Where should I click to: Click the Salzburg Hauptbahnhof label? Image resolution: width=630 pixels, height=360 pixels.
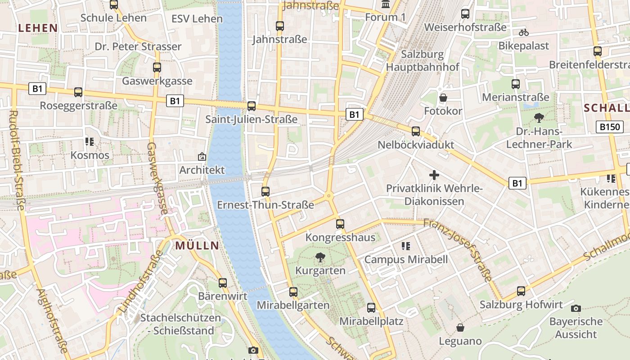click(x=423, y=61)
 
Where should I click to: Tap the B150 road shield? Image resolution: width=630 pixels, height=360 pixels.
click(x=610, y=127)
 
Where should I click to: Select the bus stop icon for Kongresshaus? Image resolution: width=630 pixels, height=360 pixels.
click(x=340, y=224)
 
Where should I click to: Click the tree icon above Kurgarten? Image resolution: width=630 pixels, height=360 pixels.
click(x=320, y=258)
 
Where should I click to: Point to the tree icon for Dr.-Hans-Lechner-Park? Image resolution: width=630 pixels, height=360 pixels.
click(x=539, y=118)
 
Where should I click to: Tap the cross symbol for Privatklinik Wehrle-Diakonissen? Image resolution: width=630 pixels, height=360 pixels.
click(x=434, y=175)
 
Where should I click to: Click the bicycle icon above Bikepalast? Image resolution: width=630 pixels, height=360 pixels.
click(x=523, y=32)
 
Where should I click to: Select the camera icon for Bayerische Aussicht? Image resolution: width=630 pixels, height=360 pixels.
click(x=576, y=308)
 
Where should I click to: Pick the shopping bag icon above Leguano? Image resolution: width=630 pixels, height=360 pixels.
click(x=460, y=328)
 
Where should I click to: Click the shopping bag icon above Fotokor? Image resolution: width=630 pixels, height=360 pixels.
click(x=443, y=98)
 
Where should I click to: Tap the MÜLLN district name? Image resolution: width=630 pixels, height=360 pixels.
click(x=197, y=246)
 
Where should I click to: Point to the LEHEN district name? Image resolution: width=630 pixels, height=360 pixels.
click(x=38, y=28)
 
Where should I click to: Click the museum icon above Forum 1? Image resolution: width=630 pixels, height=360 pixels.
click(x=386, y=4)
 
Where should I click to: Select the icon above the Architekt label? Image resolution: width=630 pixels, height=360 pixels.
click(x=202, y=157)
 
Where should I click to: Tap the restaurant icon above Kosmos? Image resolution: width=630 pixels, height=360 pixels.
click(x=90, y=142)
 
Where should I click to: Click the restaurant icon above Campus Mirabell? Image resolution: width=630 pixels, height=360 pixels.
click(x=406, y=246)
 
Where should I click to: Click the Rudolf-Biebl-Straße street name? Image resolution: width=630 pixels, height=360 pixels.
click(x=18, y=160)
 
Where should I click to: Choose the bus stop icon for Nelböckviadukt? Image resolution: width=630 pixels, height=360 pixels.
click(x=416, y=131)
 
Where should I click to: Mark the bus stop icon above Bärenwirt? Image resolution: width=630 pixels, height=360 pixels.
click(x=223, y=283)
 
